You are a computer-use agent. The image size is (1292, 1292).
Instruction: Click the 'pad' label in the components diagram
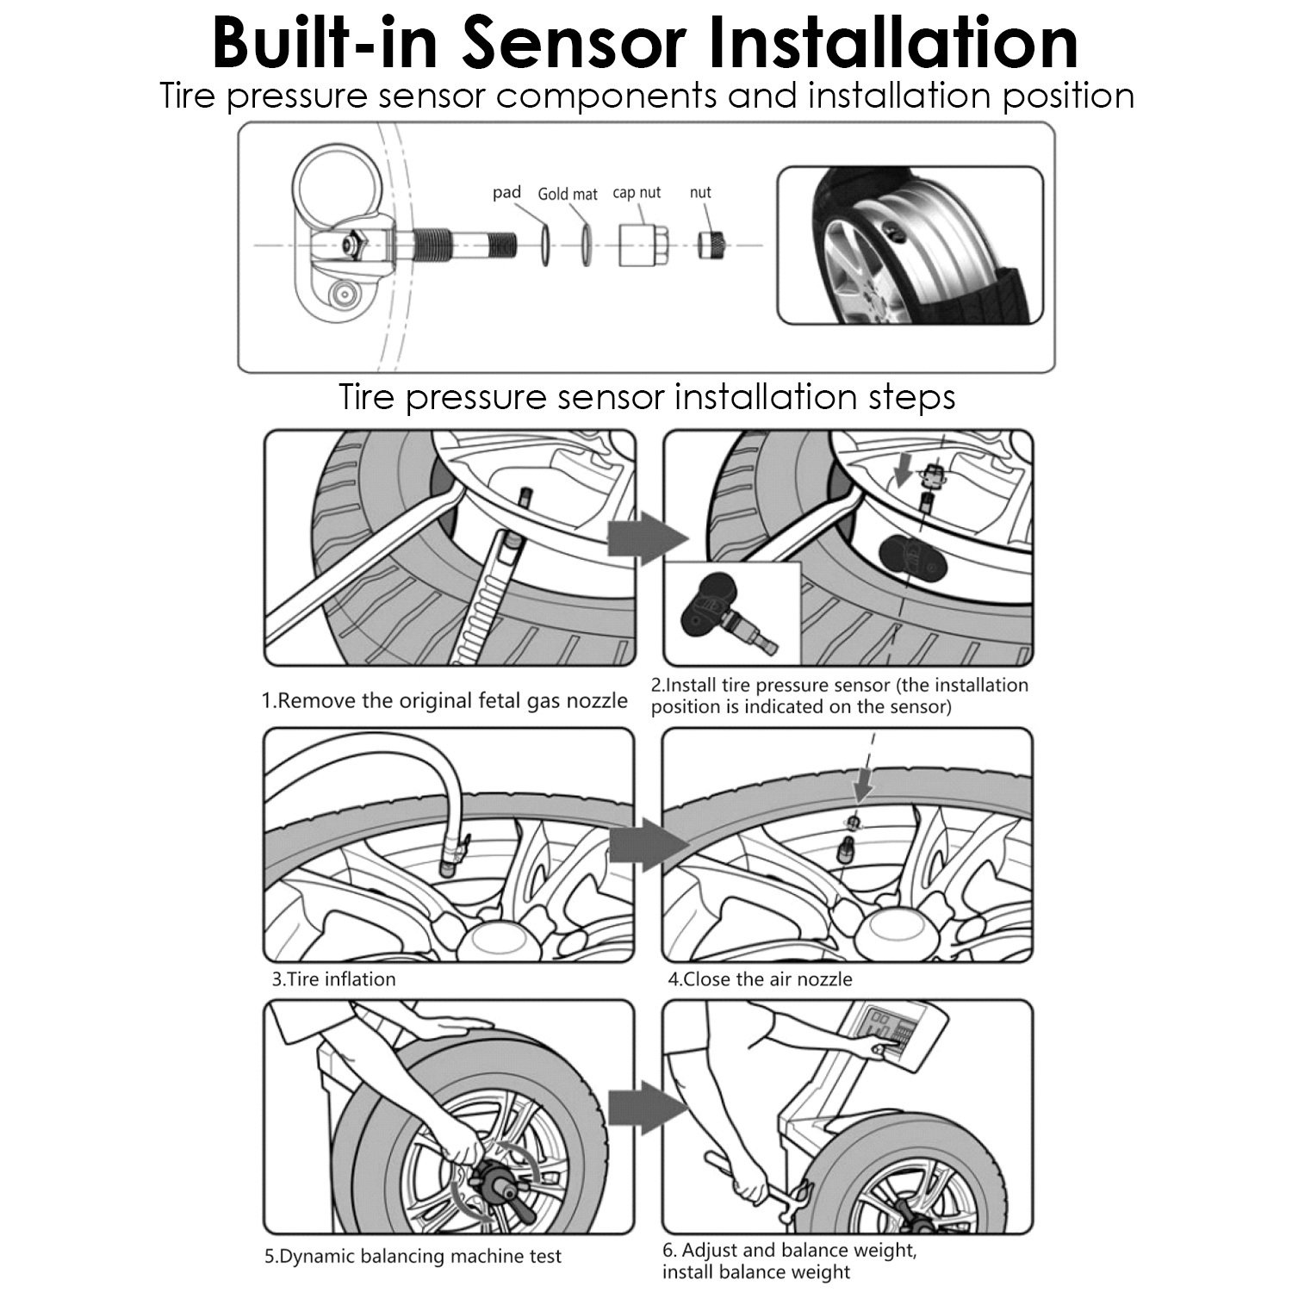tap(506, 192)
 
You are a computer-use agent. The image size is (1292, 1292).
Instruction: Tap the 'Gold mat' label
tap(568, 194)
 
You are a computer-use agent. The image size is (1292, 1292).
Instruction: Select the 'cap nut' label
tap(637, 192)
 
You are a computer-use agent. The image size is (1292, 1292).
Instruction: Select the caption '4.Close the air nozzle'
tap(760, 979)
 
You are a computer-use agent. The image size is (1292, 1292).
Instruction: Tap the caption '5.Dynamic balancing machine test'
tap(413, 1257)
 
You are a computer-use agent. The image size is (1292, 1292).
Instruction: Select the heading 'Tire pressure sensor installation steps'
tap(647, 397)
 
